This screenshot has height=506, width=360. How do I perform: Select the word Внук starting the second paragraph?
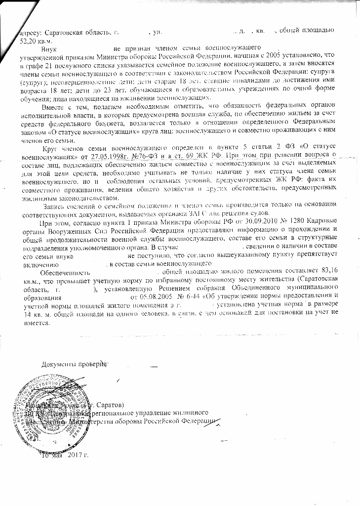50,49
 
